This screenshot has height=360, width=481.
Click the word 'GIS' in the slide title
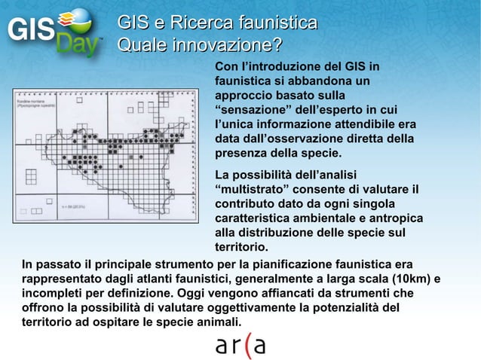[133, 23]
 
